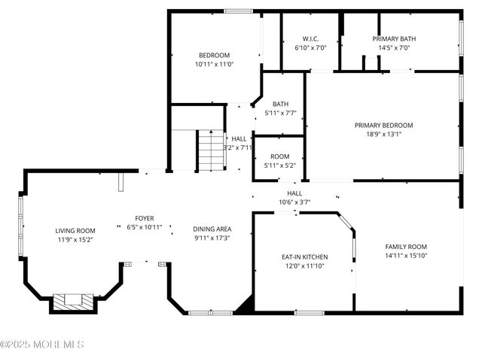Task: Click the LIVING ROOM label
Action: pyautogui.click(x=75, y=231)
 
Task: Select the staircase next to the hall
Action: pyautogui.click(x=212, y=150)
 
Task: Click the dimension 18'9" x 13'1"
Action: pyautogui.click(x=383, y=135)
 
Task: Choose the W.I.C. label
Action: pyautogui.click(x=310, y=38)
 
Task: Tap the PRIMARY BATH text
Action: pyautogui.click(x=394, y=38)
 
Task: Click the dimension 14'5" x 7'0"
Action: pyautogui.click(x=394, y=47)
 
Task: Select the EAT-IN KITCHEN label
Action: pyautogui.click(x=299, y=257)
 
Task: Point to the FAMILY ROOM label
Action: pyautogui.click(x=406, y=247)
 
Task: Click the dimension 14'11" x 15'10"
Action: pyautogui.click(x=406, y=256)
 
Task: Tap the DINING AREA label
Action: pyautogui.click(x=212, y=229)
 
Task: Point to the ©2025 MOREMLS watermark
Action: pyautogui.click(x=42, y=344)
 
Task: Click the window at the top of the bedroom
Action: pyautogui.click(x=239, y=11)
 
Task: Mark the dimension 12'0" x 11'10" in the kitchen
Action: pyautogui.click(x=299, y=266)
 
